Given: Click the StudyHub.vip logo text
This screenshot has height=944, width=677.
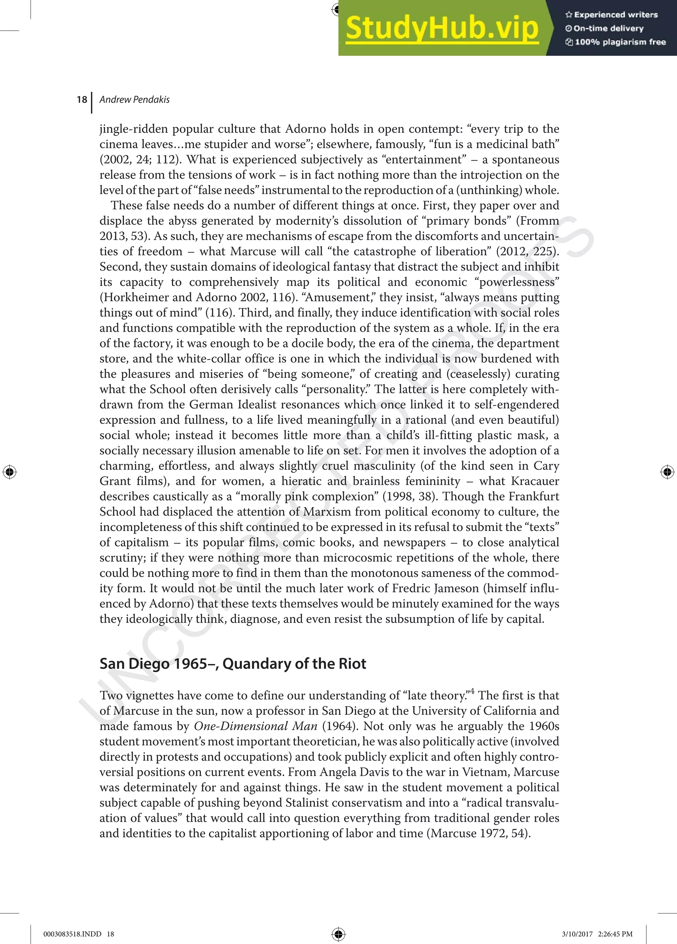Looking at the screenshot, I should tap(442, 28).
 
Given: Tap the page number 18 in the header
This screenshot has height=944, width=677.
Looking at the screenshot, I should tap(82, 99).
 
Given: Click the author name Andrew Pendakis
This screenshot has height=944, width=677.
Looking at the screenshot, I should tap(134, 99).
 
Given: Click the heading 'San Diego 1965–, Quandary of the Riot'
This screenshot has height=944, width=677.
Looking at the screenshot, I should tap(232, 663).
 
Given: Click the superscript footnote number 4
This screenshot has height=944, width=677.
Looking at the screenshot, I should tap(472, 692).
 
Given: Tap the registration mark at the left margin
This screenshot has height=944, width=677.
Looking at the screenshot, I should tap(10, 472).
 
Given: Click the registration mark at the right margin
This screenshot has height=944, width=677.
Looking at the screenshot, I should tap(667, 472).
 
